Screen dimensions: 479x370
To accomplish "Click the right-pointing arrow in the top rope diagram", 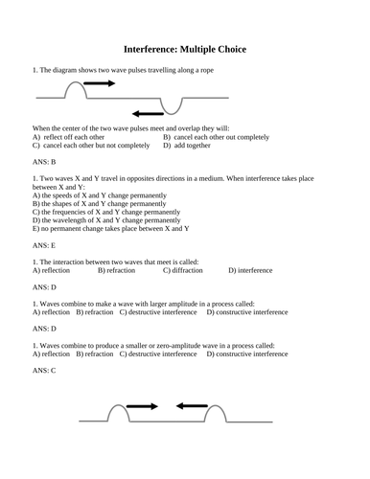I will tap(99, 84).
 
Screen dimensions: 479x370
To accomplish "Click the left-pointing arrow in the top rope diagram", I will tap(148, 113).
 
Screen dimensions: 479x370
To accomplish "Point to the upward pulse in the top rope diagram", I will tap(74, 89).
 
